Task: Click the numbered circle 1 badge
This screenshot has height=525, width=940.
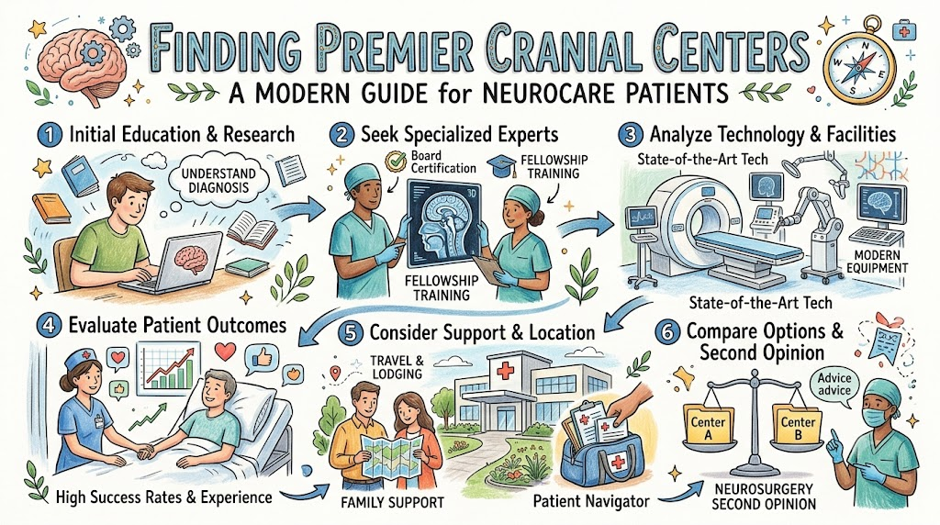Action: [50, 135]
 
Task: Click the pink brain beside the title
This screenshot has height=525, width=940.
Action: [82, 60]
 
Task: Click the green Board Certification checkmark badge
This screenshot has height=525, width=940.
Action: [395, 162]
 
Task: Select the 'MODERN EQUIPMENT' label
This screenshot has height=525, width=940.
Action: [877, 262]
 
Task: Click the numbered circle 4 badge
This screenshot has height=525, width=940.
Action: [49, 326]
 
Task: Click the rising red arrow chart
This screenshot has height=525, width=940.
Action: [169, 369]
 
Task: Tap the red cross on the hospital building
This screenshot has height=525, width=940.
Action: [505, 369]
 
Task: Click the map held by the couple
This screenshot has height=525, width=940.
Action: [388, 455]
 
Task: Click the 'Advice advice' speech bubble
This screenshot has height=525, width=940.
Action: [834, 386]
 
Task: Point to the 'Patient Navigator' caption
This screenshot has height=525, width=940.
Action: [590, 501]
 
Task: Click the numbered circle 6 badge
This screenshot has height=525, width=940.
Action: [666, 332]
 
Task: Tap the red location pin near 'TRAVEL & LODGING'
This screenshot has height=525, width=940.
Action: [335, 374]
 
